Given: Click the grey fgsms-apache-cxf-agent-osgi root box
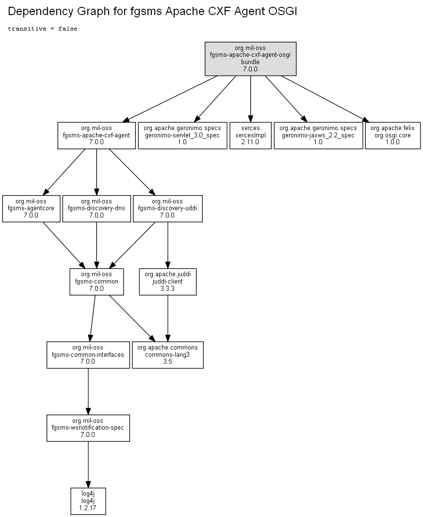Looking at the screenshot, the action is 250,59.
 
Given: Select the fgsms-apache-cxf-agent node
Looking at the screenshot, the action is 97,135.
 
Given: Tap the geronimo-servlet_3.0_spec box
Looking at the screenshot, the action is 182,135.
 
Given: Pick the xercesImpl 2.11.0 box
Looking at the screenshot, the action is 250,135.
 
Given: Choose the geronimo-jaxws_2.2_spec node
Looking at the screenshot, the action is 318,135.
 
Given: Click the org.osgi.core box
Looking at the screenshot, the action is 393,135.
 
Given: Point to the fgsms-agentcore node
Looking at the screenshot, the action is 32,209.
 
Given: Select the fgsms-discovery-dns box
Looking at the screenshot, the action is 97,209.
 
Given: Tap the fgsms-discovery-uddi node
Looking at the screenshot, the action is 168,209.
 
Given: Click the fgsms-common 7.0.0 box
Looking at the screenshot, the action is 97,282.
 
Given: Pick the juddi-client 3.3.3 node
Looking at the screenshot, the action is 168,282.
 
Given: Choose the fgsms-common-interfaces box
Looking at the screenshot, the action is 88,355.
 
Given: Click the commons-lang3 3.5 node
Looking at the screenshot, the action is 168,355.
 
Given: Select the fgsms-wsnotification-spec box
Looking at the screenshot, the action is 88,428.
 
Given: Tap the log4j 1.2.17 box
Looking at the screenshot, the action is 88,501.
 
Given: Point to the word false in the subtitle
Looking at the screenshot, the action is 68,29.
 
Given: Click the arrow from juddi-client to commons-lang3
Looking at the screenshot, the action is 168,318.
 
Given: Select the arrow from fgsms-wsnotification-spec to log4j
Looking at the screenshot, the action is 88,465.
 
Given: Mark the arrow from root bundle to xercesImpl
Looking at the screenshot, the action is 250,99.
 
